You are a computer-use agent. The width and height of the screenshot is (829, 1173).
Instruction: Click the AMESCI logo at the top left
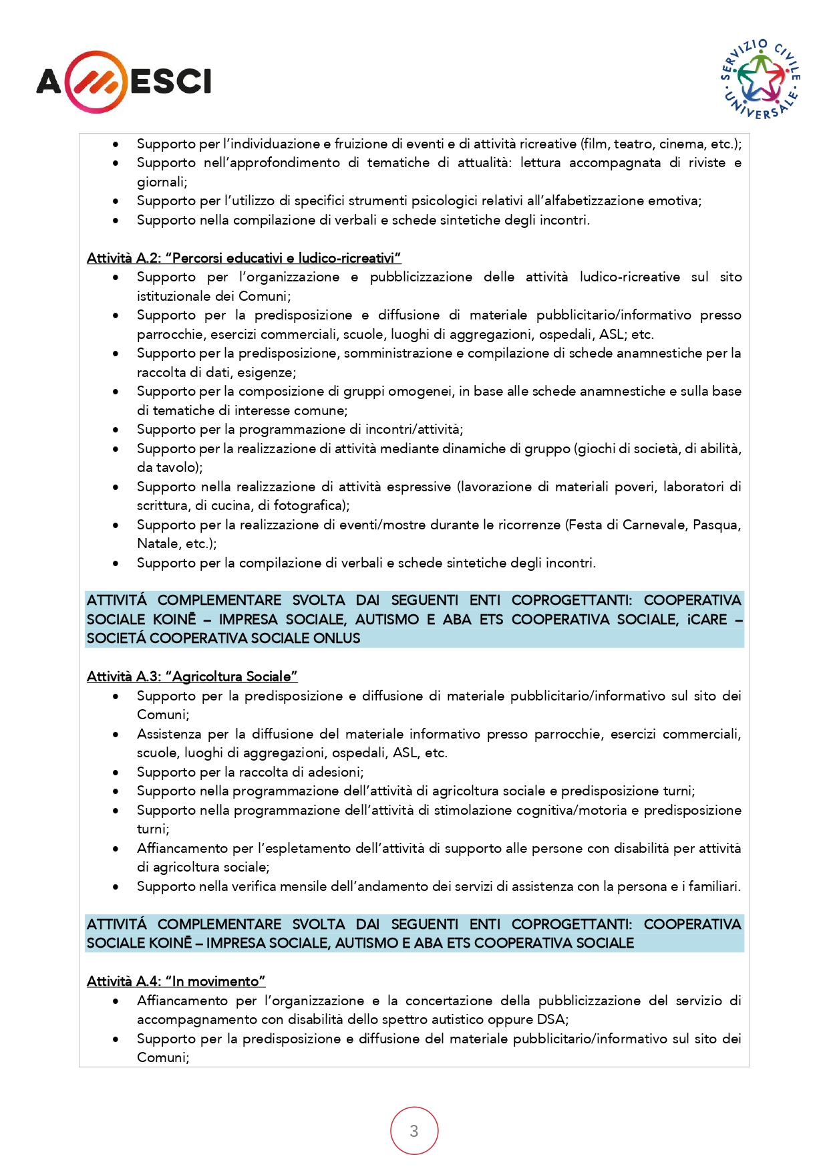click(124, 82)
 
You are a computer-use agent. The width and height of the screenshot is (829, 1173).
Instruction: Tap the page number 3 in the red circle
click(414, 1131)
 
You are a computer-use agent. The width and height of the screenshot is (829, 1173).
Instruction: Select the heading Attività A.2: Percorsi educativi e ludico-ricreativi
click(244, 258)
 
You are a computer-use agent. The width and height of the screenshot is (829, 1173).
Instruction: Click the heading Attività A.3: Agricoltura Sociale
click(192, 676)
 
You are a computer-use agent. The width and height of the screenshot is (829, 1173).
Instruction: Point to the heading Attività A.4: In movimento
click(176, 981)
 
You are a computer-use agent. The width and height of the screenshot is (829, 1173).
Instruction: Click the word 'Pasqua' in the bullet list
click(717, 525)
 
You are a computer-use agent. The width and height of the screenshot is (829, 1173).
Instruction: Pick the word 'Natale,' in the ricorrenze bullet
click(158, 543)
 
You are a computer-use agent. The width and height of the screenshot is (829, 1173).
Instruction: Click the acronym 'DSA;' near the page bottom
click(552, 1019)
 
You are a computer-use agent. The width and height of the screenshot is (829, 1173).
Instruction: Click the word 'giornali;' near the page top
click(162, 182)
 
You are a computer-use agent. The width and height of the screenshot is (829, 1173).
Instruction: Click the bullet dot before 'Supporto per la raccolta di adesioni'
click(116, 772)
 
